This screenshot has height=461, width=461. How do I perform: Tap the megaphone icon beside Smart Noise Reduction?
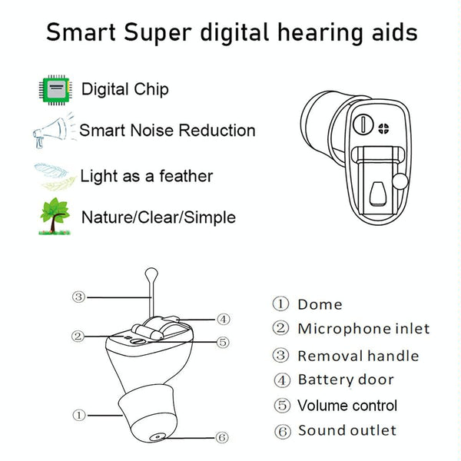point(51,132)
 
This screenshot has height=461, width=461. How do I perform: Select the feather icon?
point(54,176)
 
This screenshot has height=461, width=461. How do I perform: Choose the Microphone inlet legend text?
point(363,329)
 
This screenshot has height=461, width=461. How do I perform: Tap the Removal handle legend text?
point(358,355)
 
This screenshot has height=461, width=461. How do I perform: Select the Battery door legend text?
point(346,380)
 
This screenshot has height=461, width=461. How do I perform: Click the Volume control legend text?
point(347,405)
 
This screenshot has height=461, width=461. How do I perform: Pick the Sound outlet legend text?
point(347,430)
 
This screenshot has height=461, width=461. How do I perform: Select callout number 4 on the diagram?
point(223,318)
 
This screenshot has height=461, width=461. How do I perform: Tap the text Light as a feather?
point(146,176)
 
